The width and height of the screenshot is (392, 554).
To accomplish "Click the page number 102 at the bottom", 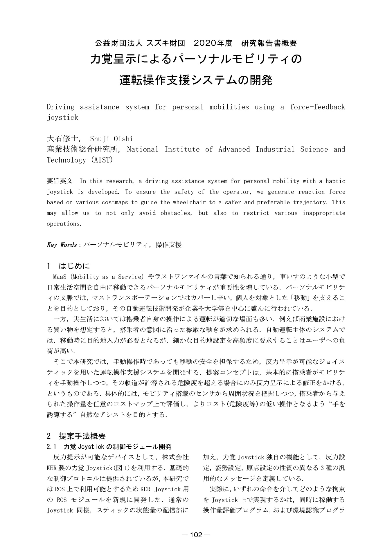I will click(x=196, y=535).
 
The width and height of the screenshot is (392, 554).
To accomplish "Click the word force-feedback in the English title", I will click(x=317, y=107).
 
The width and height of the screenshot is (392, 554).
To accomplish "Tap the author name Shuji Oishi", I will click(x=112, y=139).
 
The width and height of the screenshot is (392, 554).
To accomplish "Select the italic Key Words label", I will click(x=62, y=245).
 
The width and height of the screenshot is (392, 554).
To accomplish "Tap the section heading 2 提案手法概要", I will click(x=76, y=436).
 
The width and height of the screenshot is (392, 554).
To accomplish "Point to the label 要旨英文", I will click(x=60, y=181).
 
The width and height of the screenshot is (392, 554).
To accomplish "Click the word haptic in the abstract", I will click(x=335, y=181).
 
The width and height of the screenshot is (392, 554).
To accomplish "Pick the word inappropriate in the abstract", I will click(x=324, y=213).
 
